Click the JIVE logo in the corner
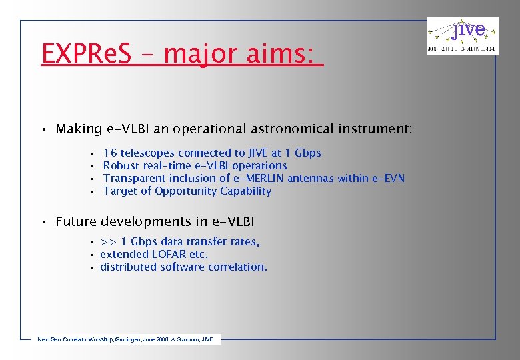pyautogui.click(x=462, y=36)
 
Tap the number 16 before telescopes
pyautogui.click(x=110, y=153)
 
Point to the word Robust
pyautogui.click(x=121, y=166)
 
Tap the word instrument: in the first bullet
pyautogui.click(x=379, y=129)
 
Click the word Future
pyautogui.click(x=75, y=221)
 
